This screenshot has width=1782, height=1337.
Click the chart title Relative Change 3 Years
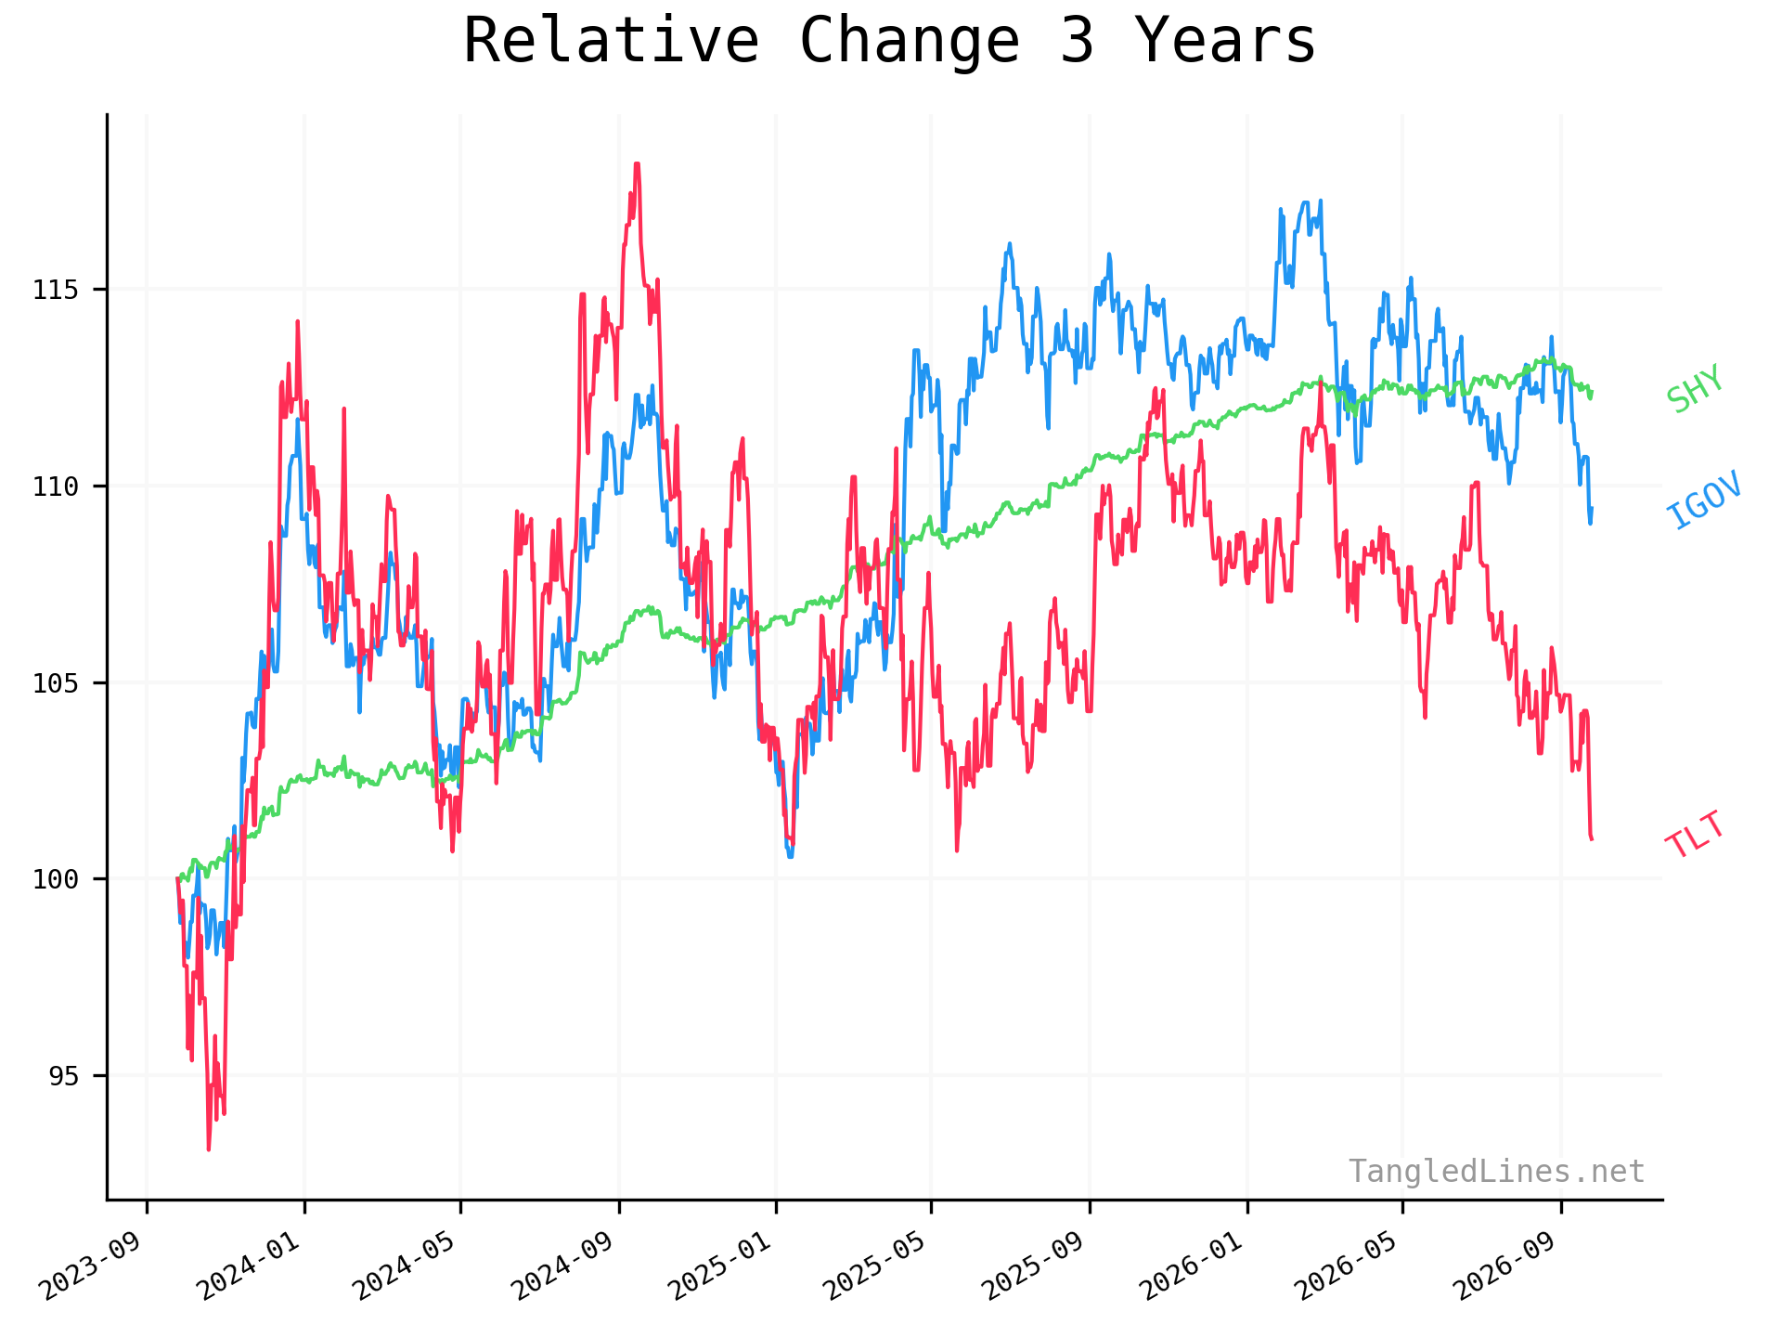[x=889, y=42]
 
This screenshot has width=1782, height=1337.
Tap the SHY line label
[x=1695, y=388]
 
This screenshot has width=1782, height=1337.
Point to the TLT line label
[x=1696, y=835]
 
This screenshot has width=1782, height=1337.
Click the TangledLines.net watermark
[x=1496, y=1172]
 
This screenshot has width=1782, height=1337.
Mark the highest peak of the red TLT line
[x=637, y=163]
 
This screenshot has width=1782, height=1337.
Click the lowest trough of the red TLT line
[x=209, y=1149]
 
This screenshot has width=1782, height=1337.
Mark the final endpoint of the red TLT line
[x=1592, y=839]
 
